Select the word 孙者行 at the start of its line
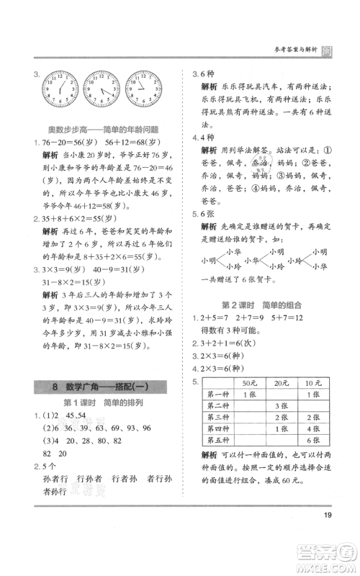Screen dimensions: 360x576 55,480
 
